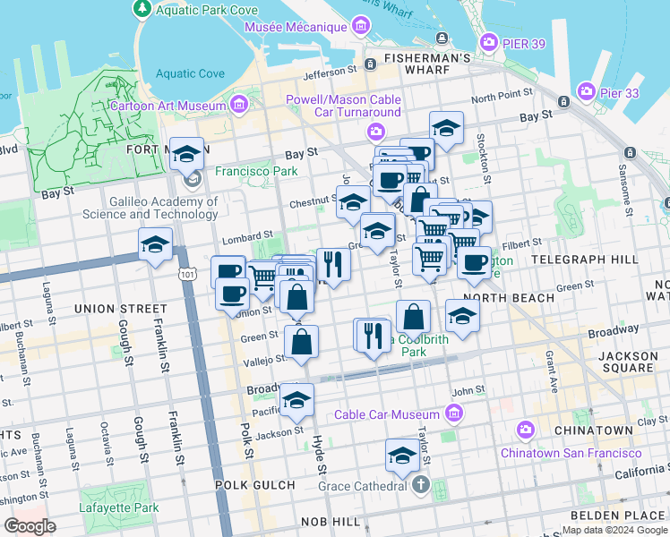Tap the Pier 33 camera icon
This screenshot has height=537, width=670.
click(x=587, y=91)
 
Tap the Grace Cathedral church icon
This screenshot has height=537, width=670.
click(x=422, y=486)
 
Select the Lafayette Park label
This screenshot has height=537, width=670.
click(x=120, y=508)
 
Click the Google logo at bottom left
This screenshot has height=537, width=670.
click(x=30, y=526)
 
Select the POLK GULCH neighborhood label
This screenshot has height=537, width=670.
click(x=254, y=485)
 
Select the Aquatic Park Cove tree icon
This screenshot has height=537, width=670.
click(x=142, y=9)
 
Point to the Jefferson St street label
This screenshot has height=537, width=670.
click(x=329, y=74)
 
